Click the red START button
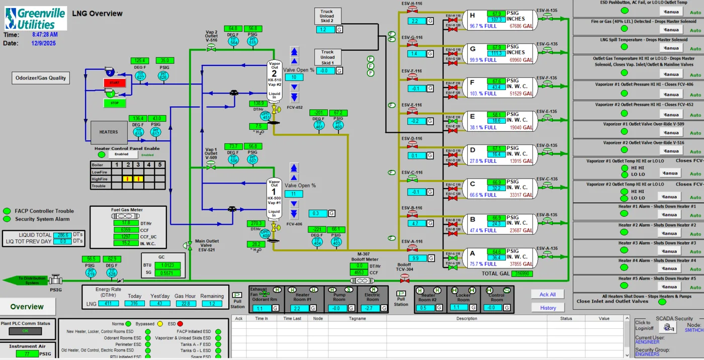tap(114, 82)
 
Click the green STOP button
tap(114, 103)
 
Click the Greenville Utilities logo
tap(35, 19)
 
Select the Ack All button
tap(548, 295)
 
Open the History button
tap(548, 308)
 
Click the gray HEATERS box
tap(109, 132)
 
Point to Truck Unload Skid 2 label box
tap(327, 16)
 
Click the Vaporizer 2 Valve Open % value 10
tap(294, 77)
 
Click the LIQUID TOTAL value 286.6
tap(63, 235)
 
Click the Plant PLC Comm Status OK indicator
tap(25, 331)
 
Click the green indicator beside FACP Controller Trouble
tap(7, 211)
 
